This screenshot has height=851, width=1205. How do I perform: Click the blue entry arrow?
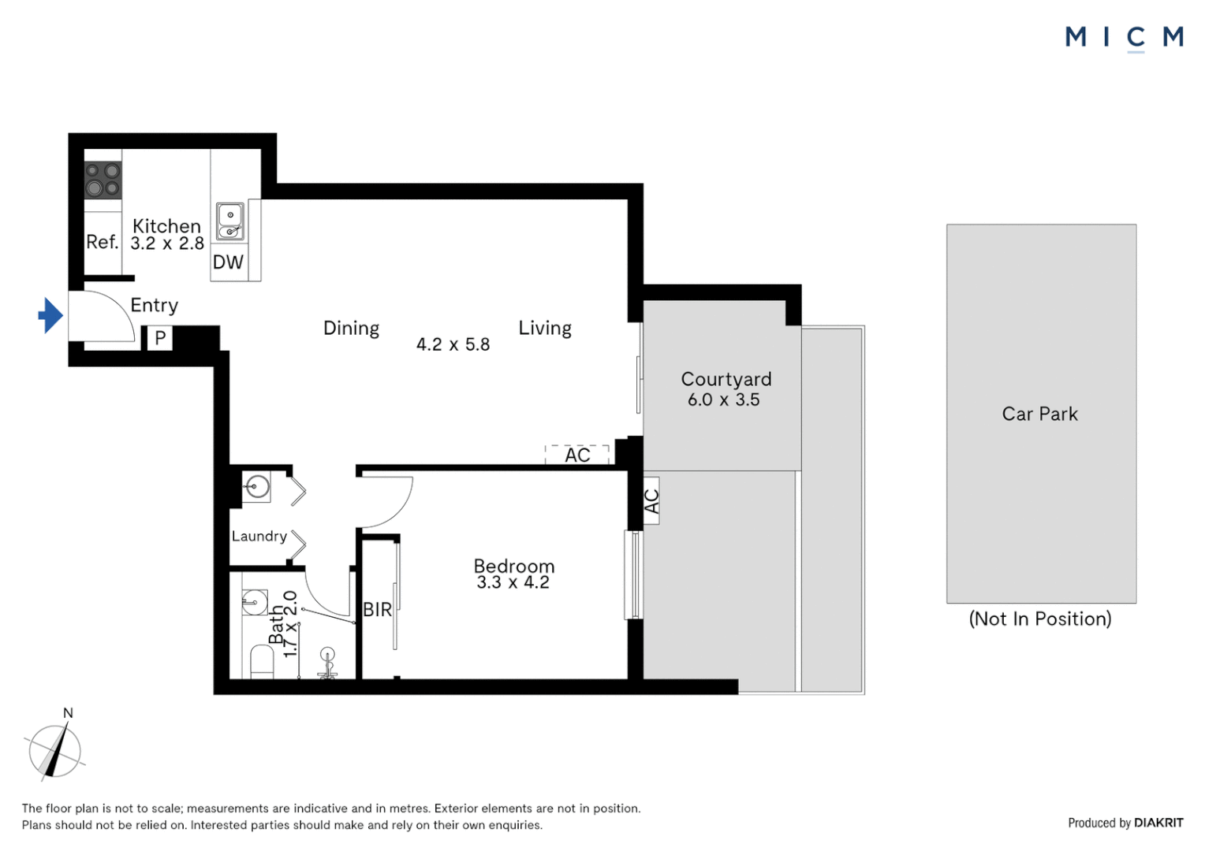pos(50,315)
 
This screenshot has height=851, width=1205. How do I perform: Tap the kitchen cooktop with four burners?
pos(103,180)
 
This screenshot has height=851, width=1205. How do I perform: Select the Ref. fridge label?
pos(103,242)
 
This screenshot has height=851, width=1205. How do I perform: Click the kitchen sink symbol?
pos(230,221)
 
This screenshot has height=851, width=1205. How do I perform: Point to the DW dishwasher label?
pos(228,262)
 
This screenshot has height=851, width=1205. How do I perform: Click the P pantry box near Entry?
pos(160,338)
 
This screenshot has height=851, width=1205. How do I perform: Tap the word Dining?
pos(351,329)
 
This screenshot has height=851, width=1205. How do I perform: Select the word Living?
pos(545,329)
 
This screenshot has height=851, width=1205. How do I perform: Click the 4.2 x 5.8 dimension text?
pos(453,344)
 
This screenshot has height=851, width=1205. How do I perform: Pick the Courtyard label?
pos(726,379)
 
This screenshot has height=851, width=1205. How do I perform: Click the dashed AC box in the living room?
pos(576,455)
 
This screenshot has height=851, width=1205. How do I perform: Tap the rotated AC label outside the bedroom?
pos(651,501)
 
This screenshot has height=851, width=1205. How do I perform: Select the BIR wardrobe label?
pos(377,610)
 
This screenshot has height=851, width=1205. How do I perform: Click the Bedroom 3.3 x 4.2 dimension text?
pos(513,582)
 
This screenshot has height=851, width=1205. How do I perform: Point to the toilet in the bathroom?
pos(263,663)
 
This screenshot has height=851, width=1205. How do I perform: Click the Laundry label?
pos(259,536)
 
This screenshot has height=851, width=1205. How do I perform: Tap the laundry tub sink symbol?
pos(256,488)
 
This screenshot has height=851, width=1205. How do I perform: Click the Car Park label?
pos(1040,414)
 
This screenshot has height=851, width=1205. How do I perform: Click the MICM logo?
pos(1125,38)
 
